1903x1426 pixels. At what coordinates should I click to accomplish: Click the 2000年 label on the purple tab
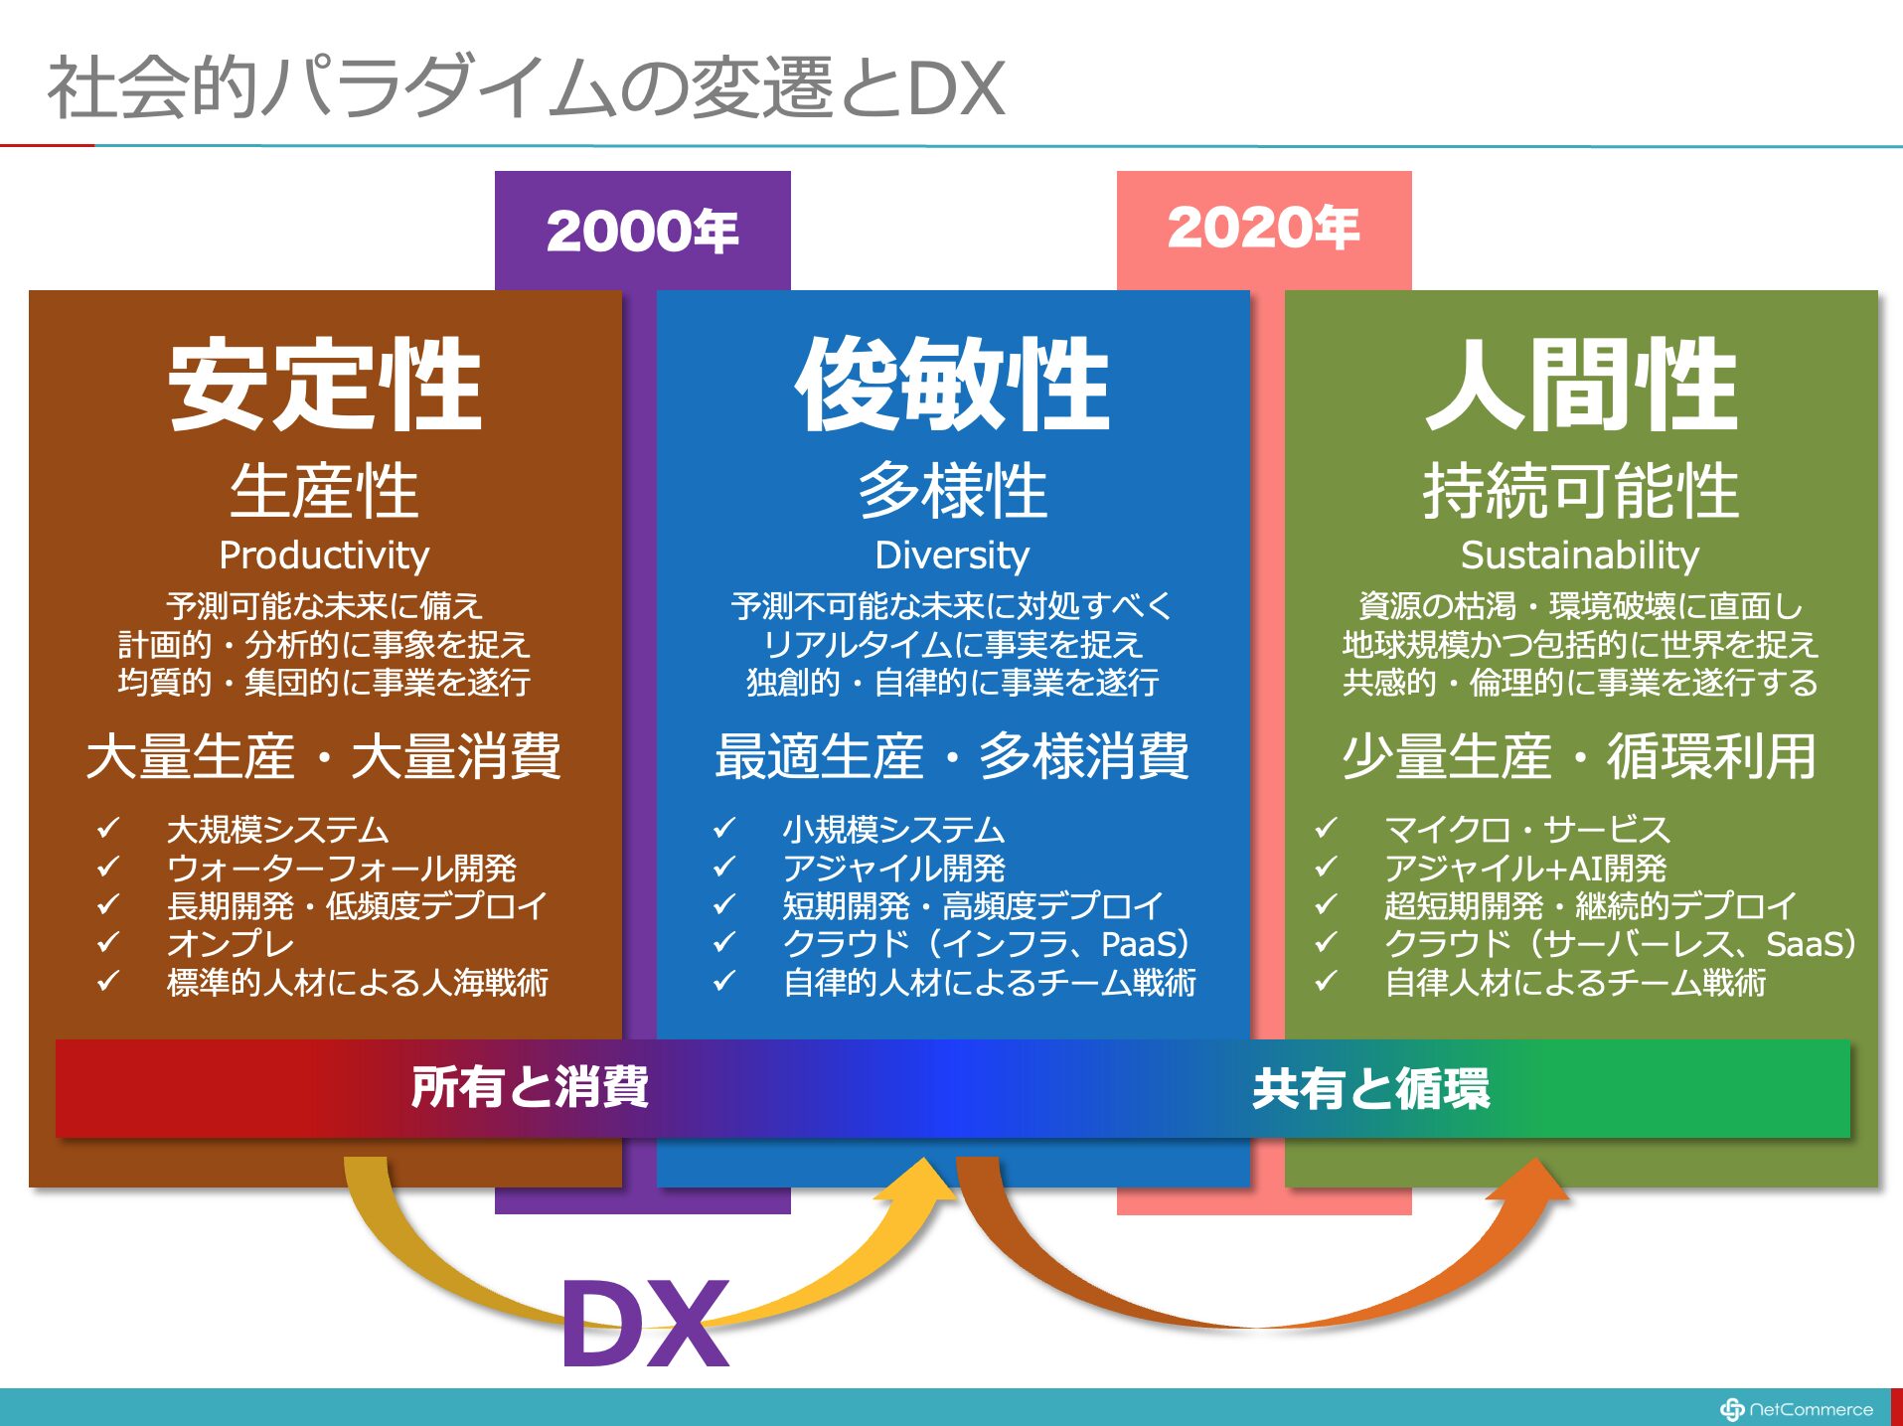(642, 231)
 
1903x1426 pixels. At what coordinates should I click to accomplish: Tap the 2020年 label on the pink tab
(1263, 228)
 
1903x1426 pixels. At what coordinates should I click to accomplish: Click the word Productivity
(324, 555)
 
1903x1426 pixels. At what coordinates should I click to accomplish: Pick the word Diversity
(952, 555)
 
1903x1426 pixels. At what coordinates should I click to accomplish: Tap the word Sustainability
(1580, 555)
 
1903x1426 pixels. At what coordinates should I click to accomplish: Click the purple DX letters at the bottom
(646, 1323)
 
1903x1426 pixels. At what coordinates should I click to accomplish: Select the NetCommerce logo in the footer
(1797, 1409)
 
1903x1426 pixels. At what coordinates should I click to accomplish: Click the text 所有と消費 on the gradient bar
(530, 1086)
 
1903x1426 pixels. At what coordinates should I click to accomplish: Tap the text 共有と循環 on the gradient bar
(1371, 1088)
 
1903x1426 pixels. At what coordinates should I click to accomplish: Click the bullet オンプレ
(231, 943)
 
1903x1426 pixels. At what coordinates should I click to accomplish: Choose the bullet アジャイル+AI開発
(1525, 868)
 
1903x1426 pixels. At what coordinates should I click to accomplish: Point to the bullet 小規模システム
(893, 829)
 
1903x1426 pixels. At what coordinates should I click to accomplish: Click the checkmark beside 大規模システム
(108, 827)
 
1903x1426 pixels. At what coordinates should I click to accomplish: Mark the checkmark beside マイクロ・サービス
(1326, 827)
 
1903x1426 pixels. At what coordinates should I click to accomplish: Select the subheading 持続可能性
(1580, 491)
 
